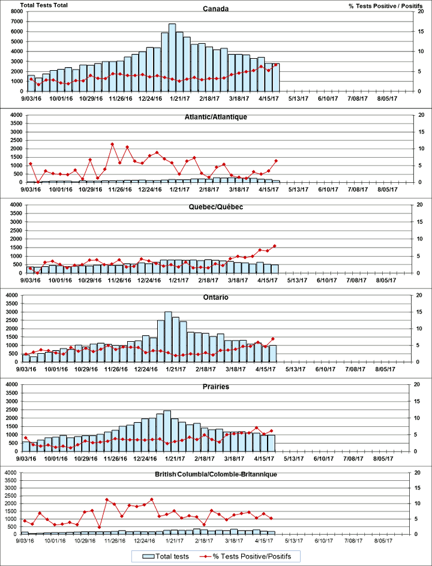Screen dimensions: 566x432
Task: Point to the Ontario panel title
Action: pos(215,297)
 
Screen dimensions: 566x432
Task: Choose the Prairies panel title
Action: pos(215,387)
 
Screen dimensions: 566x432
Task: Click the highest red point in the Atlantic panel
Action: pos(112,144)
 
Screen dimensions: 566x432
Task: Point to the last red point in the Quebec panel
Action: pos(275,245)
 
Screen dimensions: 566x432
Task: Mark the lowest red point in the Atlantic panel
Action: pos(38,182)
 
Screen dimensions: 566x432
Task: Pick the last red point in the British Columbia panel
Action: pos(272,518)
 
